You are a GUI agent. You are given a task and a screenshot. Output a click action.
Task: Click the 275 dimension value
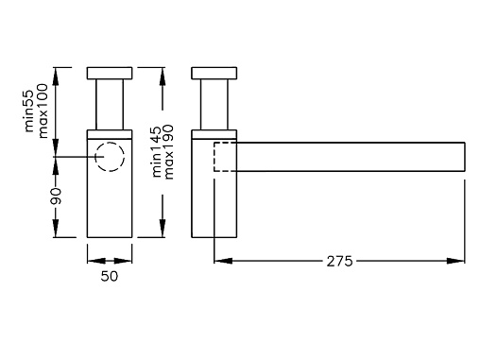point(339,261)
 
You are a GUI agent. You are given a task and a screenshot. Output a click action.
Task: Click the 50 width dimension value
point(110,276)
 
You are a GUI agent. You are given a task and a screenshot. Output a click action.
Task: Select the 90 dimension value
point(56,196)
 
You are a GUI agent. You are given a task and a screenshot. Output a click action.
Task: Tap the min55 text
point(29,111)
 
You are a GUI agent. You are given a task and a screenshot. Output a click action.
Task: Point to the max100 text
point(43,111)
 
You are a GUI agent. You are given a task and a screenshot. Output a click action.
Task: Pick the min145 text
point(157,152)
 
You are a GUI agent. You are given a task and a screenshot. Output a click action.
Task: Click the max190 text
point(169,152)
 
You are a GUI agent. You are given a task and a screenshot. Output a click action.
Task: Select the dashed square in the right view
point(214,157)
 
